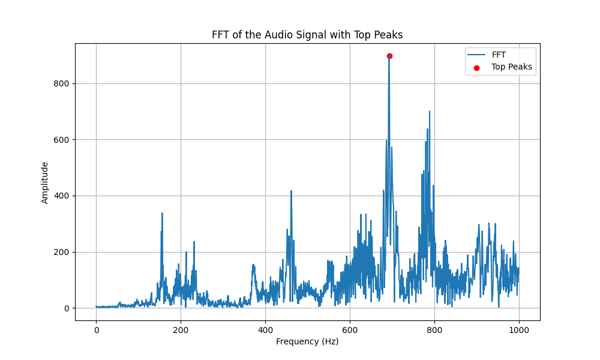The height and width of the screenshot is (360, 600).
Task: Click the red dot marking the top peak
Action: click(389, 56)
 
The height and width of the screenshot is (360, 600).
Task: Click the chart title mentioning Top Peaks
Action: click(307, 35)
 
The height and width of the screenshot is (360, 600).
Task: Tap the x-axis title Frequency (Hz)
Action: click(307, 341)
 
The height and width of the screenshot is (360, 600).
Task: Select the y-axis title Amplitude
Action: click(45, 182)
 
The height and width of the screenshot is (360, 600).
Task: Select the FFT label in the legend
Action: click(499, 55)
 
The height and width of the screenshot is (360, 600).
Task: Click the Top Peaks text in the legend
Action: click(512, 67)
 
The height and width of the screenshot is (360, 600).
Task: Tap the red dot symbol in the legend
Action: click(477, 68)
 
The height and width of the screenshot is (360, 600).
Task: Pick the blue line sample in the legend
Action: click(477, 55)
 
